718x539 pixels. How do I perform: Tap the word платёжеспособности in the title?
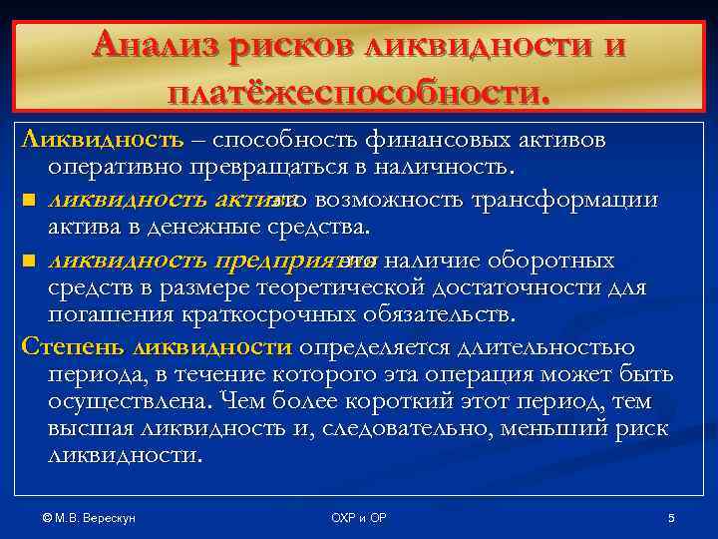[359, 93]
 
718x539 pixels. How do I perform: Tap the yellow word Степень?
[66, 347]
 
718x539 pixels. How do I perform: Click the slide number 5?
[671, 519]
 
